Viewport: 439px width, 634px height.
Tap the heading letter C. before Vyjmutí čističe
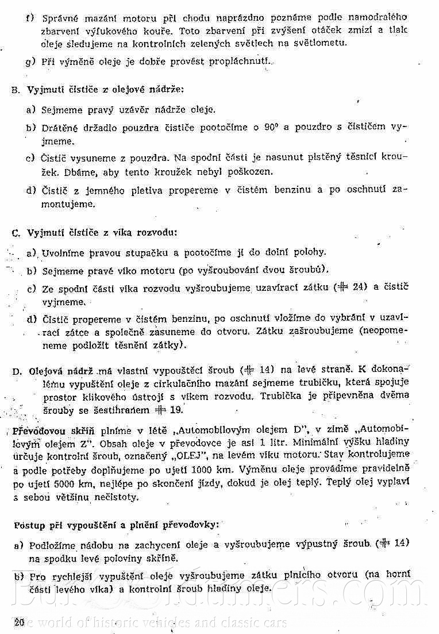[x=16, y=233]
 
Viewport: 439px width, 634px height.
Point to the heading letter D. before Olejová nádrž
[x=17, y=371]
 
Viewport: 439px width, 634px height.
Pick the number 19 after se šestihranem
[x=176, y=410]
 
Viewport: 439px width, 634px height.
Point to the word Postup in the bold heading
[x=26, y=524]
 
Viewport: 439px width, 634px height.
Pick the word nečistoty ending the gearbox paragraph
[x=114, y=497]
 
